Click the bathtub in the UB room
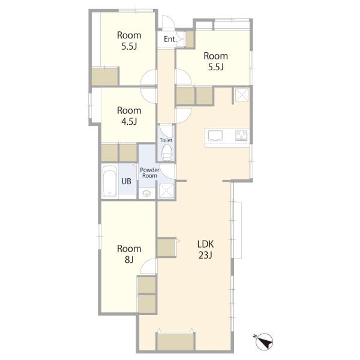[109, 181]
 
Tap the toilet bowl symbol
[167, 153]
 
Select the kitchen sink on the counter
[215, 136]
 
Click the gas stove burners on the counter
[241, 136]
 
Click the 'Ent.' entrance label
[170, 39]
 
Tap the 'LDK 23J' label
[205, 250]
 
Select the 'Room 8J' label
[129, 254]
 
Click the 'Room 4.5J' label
[129, 116]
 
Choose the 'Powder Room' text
[149, 173]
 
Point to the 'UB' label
[126, 181]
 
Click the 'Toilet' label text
[166, 140]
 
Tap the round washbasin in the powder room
[146, 193]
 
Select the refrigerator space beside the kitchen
[241, 95]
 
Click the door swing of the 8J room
[148, 266]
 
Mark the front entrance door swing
[168, 22]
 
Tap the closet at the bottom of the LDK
[176, 341]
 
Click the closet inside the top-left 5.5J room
[105, 76]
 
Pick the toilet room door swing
[166, 131]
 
